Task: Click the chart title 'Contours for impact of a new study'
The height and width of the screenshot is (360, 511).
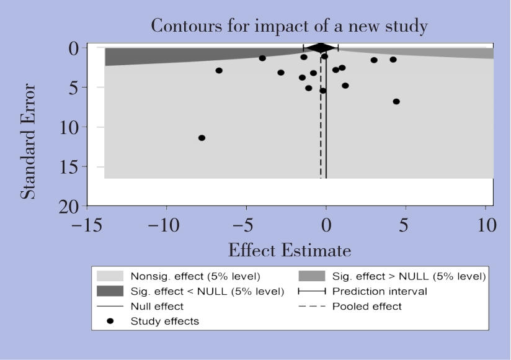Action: coord(285,27)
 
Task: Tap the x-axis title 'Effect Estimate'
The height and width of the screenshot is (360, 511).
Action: coord(290,251)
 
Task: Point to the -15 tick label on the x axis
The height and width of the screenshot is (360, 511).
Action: coord(84,225)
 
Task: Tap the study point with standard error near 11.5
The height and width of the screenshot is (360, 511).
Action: coord(202,138)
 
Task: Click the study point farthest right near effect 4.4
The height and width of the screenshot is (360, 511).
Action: coord(396,101)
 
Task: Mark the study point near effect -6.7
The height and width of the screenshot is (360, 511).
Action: coord(219,71)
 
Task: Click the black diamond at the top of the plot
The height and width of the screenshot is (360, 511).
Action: coord(321,48)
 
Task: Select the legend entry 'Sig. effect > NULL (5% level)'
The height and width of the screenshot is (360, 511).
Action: coord(409,276)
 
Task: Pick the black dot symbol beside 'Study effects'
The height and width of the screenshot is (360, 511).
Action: coord(110,321)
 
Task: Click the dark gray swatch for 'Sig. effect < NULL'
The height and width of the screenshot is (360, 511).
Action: coord(110,291)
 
